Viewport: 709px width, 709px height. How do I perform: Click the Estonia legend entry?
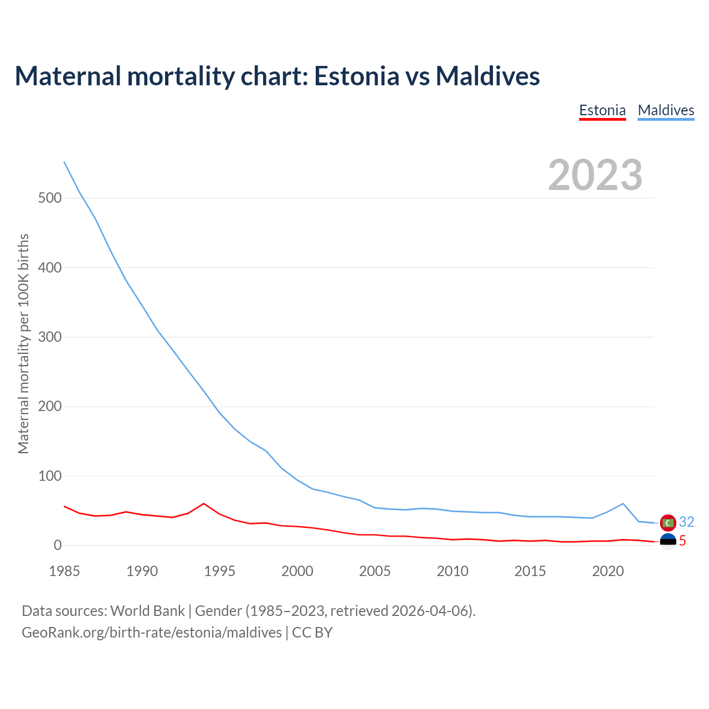(x=602, y=110)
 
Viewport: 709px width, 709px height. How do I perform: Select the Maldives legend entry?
(x=666, y=110)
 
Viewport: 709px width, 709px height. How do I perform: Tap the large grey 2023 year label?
(x=595, y=175)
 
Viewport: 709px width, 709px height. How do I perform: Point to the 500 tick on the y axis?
(x=50, y=198)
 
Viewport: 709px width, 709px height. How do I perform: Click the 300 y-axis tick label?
(x=50, y=337)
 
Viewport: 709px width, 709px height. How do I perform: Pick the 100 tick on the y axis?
(x=50, y=476)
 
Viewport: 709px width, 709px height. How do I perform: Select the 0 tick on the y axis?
(x=58, y=546)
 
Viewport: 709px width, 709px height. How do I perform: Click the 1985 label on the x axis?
(x=64, y=571)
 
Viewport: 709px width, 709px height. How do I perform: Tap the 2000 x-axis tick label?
(x=297, y=571)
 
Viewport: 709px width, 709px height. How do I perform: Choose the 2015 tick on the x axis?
(x=530, y=571)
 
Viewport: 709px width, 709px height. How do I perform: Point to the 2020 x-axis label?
(x=608, y=571)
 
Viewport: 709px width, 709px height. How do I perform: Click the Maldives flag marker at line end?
(x=668, y=522)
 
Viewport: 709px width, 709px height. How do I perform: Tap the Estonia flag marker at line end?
(x=668, y=541)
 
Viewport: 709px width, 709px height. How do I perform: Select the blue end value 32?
(x=686, y=522)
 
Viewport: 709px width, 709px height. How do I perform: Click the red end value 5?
(x=682, y=541)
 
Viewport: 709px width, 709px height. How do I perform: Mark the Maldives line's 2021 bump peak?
(x=623, y=504)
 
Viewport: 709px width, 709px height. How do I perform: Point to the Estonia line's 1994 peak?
(x=204, y=504)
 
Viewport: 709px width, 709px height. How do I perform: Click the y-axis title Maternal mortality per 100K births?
(x=23, y=343)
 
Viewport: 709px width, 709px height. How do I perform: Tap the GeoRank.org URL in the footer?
(x=152, y=633)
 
